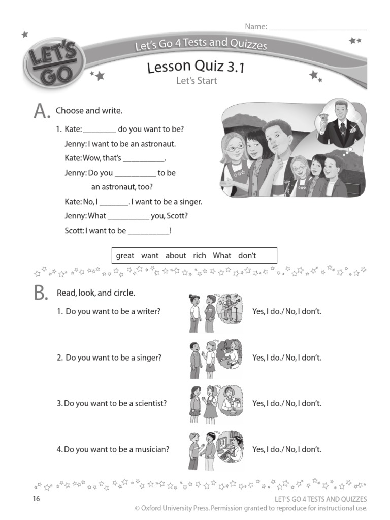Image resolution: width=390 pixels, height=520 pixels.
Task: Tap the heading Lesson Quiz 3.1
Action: click(196, 67)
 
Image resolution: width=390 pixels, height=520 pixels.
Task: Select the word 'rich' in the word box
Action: click(200, 256)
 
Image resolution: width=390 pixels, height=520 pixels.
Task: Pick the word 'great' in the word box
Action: click(125, 256)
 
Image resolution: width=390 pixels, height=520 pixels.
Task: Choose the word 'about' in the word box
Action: click(176, 256)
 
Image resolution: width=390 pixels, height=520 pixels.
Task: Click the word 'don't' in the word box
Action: click(247, 256)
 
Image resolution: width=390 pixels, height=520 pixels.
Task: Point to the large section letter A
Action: click(41, 111)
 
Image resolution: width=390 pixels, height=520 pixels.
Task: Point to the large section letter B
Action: click(41, 295)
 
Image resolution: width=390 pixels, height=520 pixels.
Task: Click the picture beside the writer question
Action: click(215, 312)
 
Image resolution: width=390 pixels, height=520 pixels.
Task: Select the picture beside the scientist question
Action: click(215, 404)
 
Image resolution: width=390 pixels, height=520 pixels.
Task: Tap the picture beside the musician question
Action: click(215, 450)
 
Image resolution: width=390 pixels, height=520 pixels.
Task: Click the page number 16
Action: click(36, 499)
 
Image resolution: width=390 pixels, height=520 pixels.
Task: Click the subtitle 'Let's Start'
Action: click(196, 80)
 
